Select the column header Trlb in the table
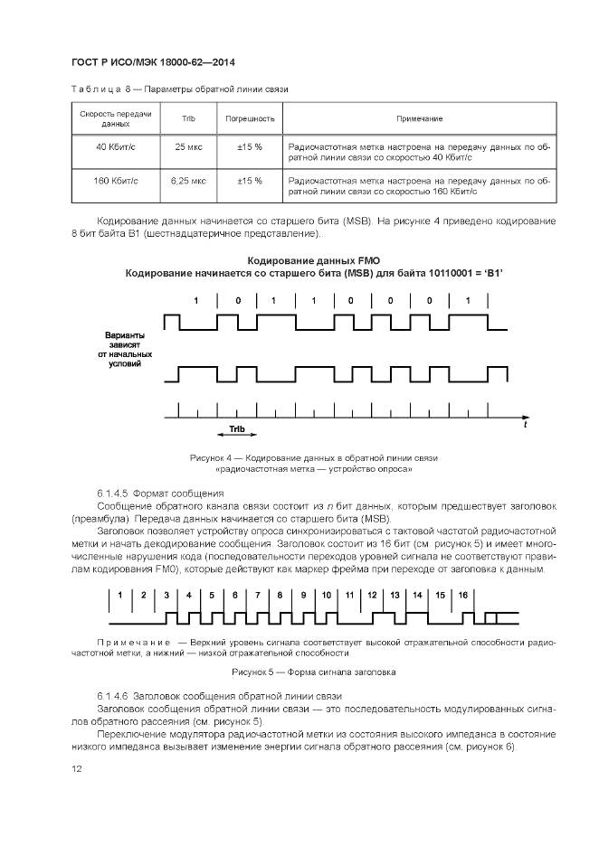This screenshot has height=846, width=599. point(187,118)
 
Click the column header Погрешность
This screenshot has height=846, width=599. point(250,118)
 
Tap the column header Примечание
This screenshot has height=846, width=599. point(419,118)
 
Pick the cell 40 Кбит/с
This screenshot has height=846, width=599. point(116,146)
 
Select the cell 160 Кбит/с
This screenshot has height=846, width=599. point(116,181)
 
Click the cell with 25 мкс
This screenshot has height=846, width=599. point(188,146)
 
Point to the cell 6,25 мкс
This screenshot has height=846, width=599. point(188,181)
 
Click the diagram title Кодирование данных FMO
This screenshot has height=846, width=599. point(313,260)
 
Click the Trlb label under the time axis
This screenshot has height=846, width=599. point(236,430)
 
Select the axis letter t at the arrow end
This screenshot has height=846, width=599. point(526,424)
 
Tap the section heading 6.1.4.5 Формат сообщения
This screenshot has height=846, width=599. point(159,493)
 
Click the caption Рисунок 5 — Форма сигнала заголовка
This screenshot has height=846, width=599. point(313,672)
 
